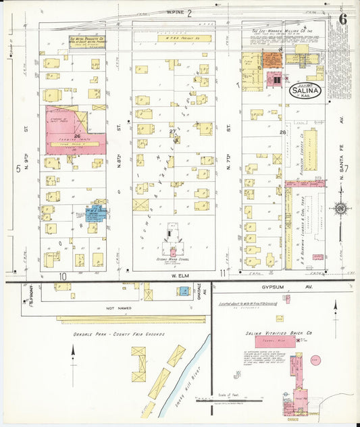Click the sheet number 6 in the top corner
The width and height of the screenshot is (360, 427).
point(343,18)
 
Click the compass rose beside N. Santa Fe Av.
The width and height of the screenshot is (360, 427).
point(340,207)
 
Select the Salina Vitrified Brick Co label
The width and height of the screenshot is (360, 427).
point(273,333)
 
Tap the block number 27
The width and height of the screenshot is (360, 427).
point(173,131)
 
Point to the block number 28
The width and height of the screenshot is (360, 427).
point(282,132)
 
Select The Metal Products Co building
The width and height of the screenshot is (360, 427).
point(86,42)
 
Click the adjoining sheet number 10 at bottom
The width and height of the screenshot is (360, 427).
point(62,276)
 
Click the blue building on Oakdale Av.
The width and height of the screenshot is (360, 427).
point(183,291)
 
